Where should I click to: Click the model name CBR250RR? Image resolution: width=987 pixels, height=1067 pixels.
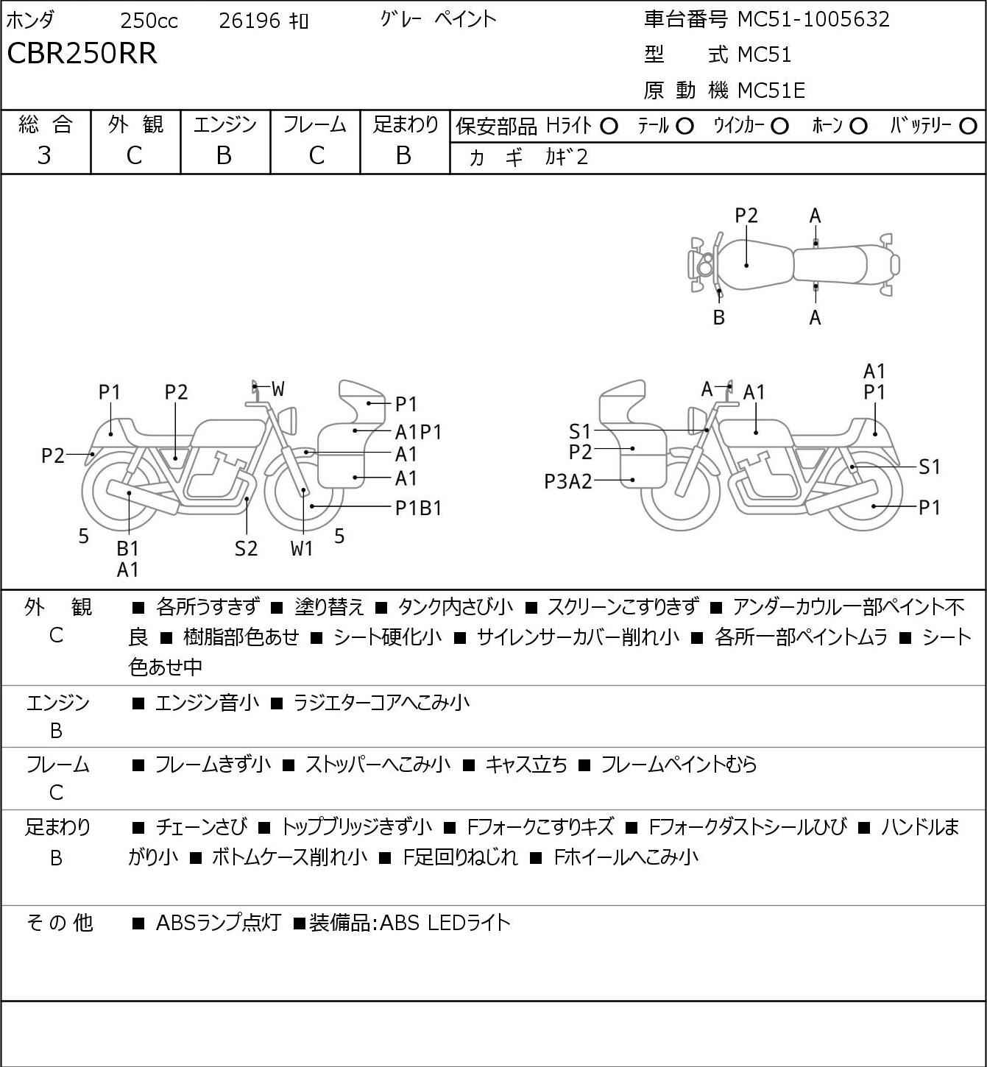tap(82, 53)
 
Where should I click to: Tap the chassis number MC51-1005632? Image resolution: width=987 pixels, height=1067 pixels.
tap(813, 19)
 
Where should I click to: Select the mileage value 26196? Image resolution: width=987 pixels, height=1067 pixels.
tap(250, 21)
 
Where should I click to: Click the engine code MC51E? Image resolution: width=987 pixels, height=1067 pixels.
tap(771, 91)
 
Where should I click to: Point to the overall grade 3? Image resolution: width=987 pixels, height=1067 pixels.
tap(44, 156)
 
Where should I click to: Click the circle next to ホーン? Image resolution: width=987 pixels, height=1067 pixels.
tap(858, 127)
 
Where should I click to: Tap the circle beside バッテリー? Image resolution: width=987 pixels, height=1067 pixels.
tap(968, 127)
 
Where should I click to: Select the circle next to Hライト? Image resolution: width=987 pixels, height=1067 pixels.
tap(609, 127)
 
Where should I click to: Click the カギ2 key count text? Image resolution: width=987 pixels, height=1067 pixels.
tap(566, 157)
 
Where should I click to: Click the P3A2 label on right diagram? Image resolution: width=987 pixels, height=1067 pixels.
tap(567, 481)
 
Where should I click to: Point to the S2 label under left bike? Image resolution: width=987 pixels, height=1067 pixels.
tap(247, 548)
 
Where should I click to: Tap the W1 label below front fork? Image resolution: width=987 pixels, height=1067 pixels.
tap(302, 548)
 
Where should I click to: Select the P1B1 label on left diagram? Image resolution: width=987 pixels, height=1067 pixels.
tap(418, 508)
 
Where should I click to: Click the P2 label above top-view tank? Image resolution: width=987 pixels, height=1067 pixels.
tap(746, 216)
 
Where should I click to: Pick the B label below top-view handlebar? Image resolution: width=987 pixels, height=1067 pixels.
tap(719, 317)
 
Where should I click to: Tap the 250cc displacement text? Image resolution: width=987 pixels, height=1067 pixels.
tap(149, 21)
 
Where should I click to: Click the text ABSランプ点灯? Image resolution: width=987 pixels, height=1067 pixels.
tap(219, 923)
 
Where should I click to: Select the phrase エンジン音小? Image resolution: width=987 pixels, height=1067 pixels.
tap(208, 703)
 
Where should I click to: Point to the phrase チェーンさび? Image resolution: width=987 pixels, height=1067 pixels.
tap(202, 827)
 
